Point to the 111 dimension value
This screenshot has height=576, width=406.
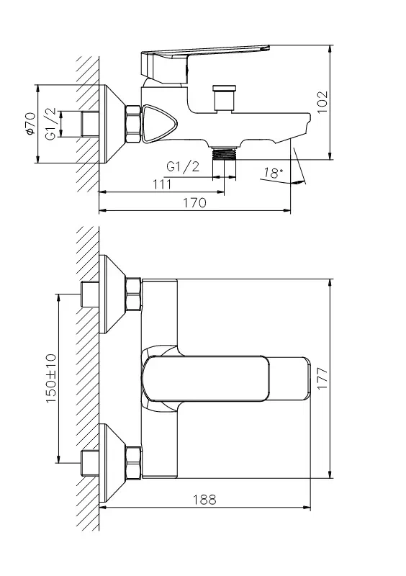click(x=163, y=184)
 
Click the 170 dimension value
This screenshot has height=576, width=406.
click(x=195, y=203)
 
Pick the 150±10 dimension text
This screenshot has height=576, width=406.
click(x=51, y=377)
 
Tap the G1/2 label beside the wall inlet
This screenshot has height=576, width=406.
click(x=51, y=124)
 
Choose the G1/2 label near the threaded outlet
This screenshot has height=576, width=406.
click(x=183, y=166)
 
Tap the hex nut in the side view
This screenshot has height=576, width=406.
click(x=133, y=124)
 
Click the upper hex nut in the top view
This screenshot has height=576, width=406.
click(x=133, y=295)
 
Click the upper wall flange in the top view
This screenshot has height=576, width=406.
click(x=112, y=295)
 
